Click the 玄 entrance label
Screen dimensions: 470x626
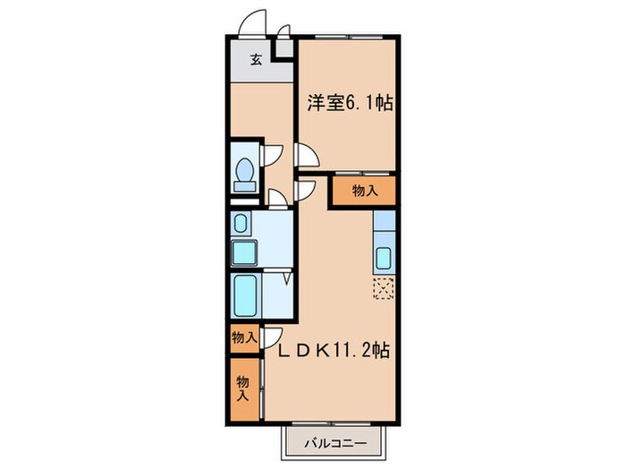pyautogui.click(x=256, y=61)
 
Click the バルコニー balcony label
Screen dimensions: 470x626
pyautogui.click(x=335, y=442)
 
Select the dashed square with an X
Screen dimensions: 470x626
pyautogui.click(x=384, y=287)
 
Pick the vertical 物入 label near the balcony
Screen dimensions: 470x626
pyautogui.click(x=242, y=388)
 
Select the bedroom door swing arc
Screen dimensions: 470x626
pyautogui.click(x=306, y=157)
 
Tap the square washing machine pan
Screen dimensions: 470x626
pyautogui.click(x=243, y=252)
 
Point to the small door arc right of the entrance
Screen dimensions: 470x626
pyautogui.click(x=283, y=32)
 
